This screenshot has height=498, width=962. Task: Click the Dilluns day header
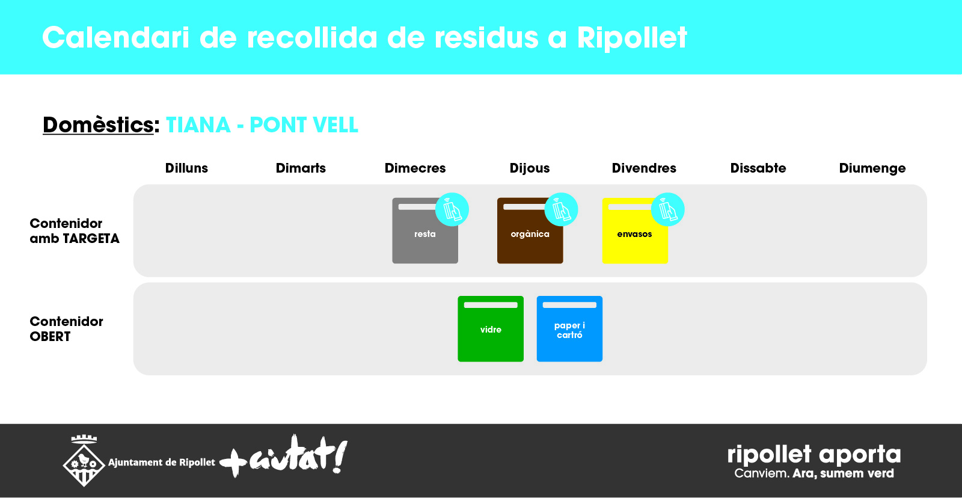coord(186,168)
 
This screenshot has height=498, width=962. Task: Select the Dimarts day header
coord(301,168)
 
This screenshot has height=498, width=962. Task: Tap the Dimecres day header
coord(415,168)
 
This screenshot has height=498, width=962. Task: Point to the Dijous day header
coord(530,168)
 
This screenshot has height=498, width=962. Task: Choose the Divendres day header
coord(644,168)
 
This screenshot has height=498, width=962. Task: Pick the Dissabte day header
coord(758,168)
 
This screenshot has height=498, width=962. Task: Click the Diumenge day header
coord(872,168)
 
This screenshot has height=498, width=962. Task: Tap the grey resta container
coord(424,231)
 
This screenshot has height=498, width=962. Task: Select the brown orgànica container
coord(530,231)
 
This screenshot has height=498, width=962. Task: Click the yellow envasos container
coord(635,231)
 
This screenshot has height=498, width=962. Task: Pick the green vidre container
coord(491,329)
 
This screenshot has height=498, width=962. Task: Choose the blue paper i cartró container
coord(569,329)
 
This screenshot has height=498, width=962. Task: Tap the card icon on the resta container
coord(452,209)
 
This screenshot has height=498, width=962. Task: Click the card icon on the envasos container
coord(668,209)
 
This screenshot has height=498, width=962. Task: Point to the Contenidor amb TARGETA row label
coord(75,231)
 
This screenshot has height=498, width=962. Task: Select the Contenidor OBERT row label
coord(66,329)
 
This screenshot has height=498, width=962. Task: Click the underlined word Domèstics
coord(98,125)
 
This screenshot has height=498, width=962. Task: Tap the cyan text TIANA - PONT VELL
coord(262,125)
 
